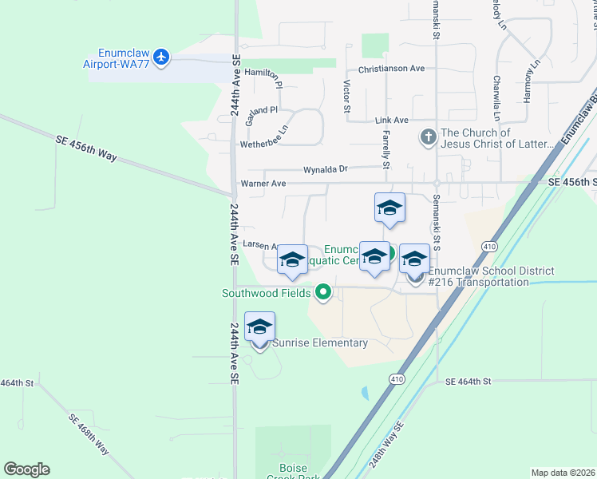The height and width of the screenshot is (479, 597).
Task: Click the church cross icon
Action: point(429,138)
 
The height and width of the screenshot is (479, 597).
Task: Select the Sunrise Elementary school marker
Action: point(259,327)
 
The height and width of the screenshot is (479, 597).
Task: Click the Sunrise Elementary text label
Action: point(320,343)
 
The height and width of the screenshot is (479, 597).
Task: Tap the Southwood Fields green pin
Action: point(323,293)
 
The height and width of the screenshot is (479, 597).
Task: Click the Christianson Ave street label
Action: point(391,69)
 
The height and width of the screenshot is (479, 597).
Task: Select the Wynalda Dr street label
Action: point(326,169)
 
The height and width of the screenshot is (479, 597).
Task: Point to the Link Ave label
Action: point(391,120)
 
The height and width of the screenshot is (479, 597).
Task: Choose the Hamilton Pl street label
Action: point(263,75)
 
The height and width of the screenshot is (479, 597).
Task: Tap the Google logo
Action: point(26,469)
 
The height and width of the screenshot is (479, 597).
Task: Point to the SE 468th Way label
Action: point(89,434)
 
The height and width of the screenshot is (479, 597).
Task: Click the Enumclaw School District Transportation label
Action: point(491,276)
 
